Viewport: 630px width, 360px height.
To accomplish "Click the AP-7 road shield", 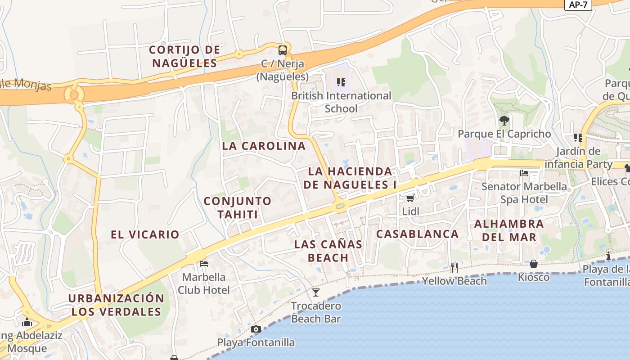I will click(x=578, y=5).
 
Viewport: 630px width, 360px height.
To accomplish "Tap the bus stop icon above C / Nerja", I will click(x=283, y=50).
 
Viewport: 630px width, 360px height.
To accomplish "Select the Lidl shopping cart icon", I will click(x=410, y=198).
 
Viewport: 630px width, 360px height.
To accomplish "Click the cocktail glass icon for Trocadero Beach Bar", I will click(x=316, y=292).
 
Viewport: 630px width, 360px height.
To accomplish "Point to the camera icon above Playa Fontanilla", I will click(x=256, y=329).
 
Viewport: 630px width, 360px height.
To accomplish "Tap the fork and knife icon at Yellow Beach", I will click(x=454, y=268).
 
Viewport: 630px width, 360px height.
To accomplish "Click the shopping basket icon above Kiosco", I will click(x=533, y=264).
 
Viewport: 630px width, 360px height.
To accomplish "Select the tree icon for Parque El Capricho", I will click(x=504, y=120).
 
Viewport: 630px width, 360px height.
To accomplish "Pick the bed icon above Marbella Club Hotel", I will click(x=203, y=263).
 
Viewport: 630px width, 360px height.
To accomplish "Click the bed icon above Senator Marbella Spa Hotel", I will click(x=524, y=173).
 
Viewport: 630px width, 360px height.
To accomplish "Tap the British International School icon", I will click(x=341, y=82).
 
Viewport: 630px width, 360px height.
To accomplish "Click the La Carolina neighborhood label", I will click(x=264, y=146).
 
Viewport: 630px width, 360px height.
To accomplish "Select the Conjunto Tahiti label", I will click(x=238, y=207).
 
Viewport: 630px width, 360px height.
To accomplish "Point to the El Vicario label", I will click(x=145, y=234).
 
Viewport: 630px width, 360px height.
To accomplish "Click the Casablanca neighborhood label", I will click(x=417, y=234).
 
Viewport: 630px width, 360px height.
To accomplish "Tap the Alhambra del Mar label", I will click(x=509, y=230).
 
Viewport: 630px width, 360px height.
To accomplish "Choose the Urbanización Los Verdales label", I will click(x=116, y=305).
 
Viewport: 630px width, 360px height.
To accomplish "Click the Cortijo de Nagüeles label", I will click(x=184, y=56).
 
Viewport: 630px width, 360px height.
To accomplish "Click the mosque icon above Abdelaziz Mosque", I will click(x=27, y=322).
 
